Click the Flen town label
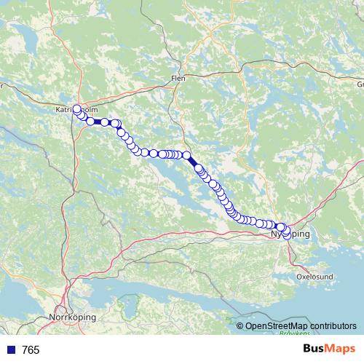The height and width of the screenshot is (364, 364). click(x=178, y=77)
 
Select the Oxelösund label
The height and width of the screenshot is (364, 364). click(x=314, y=277)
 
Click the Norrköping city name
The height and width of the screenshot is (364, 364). click(x=71, y=317)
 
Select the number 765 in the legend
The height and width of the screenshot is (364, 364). click(x=31, y=350)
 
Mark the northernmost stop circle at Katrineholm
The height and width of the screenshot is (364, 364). click(x=76, y=109)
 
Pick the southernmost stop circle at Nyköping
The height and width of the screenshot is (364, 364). click(x=286, y=236)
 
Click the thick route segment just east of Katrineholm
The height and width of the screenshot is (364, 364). click(x=98, y=122)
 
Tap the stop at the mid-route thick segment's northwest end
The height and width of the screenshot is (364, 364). click(x=186, y=155)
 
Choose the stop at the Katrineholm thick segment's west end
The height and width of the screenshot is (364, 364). click(x=90, y=122)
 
